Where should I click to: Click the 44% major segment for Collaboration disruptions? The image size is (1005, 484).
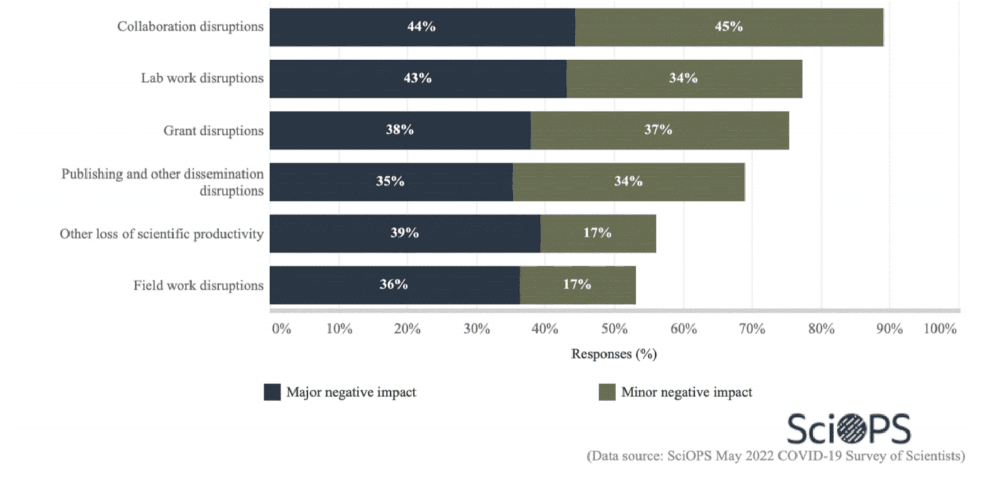pyautogui.click(x=422, y=27)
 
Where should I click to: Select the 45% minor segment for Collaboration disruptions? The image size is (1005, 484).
pyautogui.click(x=729, y=27)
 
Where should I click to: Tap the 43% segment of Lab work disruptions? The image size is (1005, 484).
pyautogui.click(x=418, y=78)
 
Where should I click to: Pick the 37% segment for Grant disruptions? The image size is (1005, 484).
pyautogui.click(x=659, y=130)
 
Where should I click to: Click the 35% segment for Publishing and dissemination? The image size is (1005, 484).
pyautogui.click(x=390, y=181)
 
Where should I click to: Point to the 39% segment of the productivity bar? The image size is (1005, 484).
pyautogui.click(x=405, y=233)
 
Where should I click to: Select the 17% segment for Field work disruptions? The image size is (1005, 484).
pyautogui.click(x=577, y=284)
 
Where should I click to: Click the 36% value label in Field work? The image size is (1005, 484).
pyautogui.click(x=394, y=284)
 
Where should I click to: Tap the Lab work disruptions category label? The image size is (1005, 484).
pyautogui.click(x=202, y=78)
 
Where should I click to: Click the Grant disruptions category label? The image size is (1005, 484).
pyautogui.click(x=213, y=131)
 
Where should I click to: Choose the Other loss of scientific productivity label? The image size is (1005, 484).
pyautogui.click(x=161, y=234)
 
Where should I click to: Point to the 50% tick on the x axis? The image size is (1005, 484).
pyautogui.click(x=614, y=329)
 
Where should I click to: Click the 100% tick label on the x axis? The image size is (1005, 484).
pyautogui.click(x=940, y=329)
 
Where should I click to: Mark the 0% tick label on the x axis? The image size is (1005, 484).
pyautogui.click(x=282, y=329)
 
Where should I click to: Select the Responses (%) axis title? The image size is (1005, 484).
pyautogui.click(x=614, y=354)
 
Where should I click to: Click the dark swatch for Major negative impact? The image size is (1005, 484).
pyautogui.click(x=272, y=392)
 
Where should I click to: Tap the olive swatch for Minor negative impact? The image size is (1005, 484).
pyautogui.click(x=607, y=392)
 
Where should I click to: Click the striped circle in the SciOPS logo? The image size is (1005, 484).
pyautogui.click(x=851, y=428)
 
